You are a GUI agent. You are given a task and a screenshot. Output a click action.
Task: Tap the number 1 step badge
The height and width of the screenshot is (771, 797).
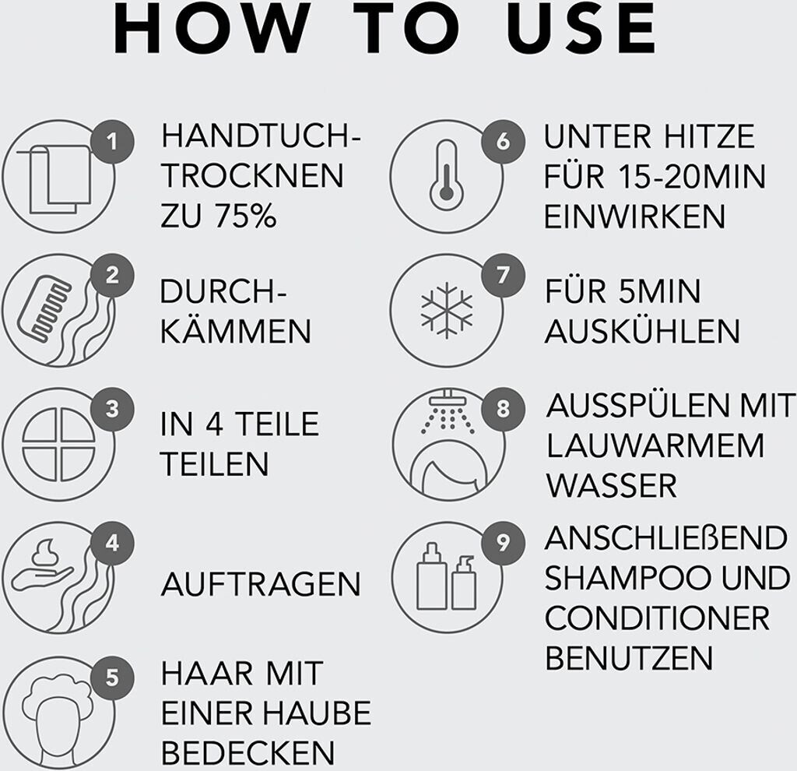[x=112, y=142]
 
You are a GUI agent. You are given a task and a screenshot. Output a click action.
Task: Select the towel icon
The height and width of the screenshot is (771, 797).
[x=54, y=178]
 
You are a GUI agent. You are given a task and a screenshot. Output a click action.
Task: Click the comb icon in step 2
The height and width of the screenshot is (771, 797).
[x=44, y=309]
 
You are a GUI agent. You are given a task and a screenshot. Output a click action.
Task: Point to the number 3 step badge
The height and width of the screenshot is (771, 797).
[x=112, y=409]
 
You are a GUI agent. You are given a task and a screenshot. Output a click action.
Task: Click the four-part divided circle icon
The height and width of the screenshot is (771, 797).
[x=58, y=444]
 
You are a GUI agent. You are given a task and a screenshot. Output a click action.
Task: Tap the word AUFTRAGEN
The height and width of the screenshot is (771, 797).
[x=261, y=584]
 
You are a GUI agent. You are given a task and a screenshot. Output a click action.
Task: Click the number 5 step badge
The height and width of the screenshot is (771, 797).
[x=112, y=678]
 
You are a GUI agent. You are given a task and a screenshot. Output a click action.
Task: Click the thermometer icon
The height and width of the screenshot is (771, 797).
[x=446, y=175]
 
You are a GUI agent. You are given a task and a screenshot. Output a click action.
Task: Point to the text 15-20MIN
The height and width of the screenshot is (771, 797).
[x=692, y=177]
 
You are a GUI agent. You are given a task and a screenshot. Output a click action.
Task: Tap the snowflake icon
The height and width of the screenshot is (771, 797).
[x=446, y=310]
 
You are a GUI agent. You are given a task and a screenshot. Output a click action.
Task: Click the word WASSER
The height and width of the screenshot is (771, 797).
[x=612, y=486]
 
